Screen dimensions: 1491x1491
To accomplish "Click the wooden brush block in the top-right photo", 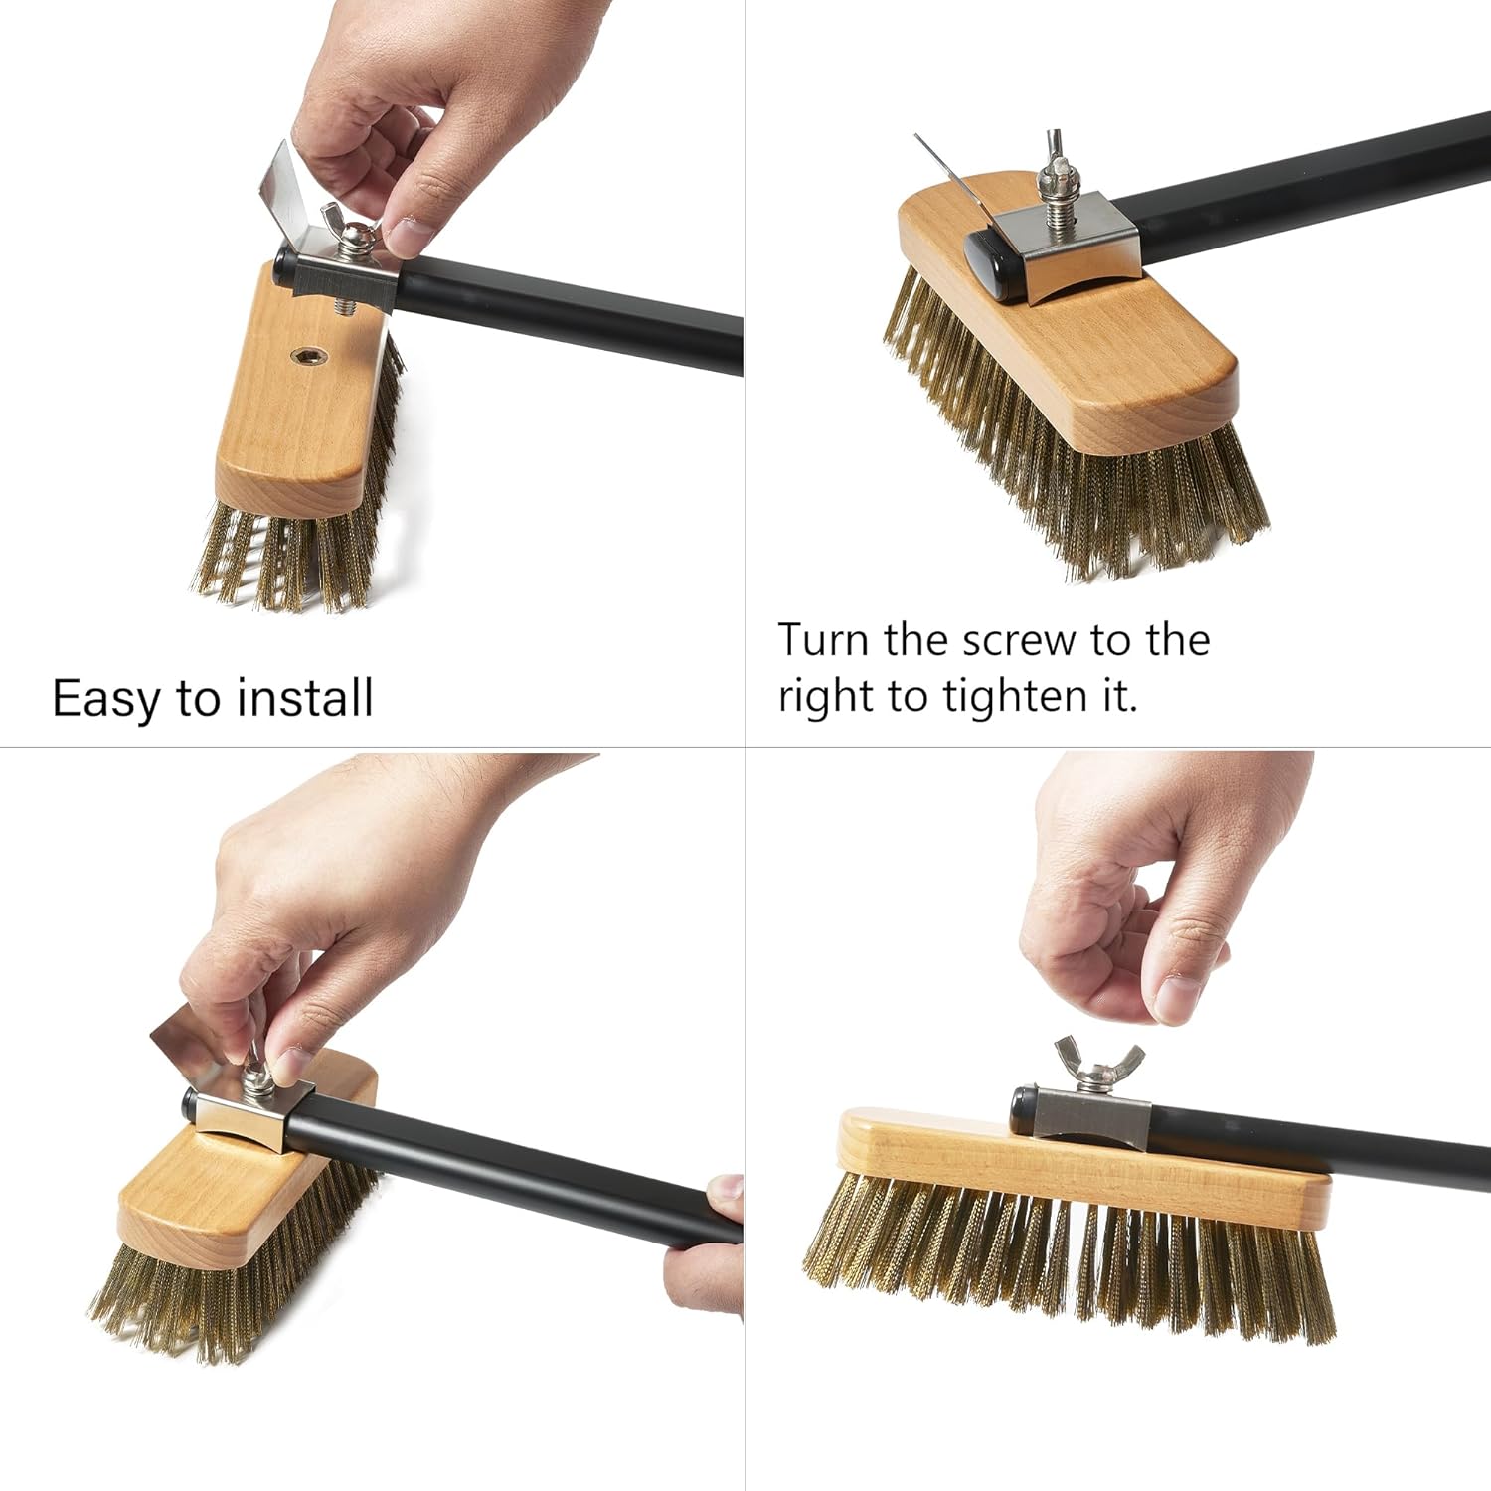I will (1113, 358).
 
